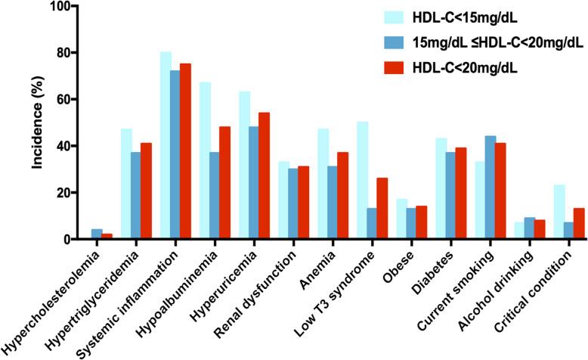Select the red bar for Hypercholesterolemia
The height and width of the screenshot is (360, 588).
click(106, 236)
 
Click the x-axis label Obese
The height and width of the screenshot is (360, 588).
click(393, 261)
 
